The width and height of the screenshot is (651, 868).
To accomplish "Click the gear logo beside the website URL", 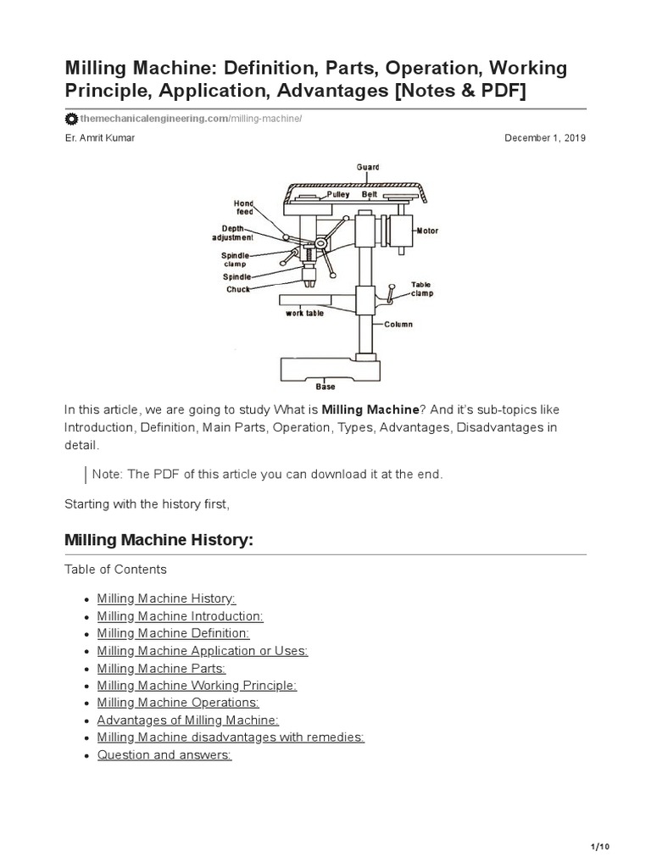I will pos(71,119).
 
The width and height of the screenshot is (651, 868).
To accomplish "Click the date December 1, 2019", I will pos(545,138).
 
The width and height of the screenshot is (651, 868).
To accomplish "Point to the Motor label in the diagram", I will pos(426,231).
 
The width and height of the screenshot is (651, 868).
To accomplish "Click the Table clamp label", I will pos(422,289).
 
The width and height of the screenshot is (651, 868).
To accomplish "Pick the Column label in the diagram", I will pos(398,324).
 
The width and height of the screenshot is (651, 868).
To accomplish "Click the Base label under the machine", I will pos(325,387).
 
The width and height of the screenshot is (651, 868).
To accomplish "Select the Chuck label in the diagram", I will pos(237,289).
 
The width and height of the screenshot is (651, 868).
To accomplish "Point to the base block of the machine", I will pos(325,368).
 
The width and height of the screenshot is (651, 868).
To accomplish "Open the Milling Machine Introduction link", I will pos(180,616).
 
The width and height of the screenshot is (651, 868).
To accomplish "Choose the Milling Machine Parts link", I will pos(161,668).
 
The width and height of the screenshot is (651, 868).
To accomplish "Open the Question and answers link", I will pos(164,754).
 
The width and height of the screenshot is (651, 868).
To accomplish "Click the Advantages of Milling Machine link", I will pos(187,720).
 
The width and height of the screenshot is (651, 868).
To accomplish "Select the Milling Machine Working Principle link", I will pos(197,685).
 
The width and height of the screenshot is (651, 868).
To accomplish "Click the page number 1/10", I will pos(599,847).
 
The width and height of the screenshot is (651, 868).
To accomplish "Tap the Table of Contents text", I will pos(115,569).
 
